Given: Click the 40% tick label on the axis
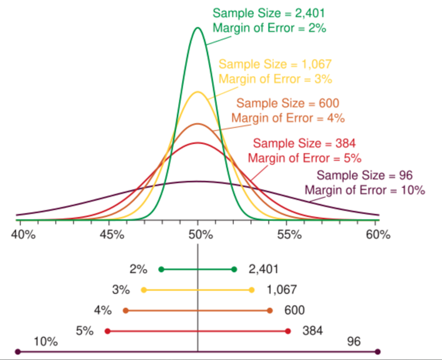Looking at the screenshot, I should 22,235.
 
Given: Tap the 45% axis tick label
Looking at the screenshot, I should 111,235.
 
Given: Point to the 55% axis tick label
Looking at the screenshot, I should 288,235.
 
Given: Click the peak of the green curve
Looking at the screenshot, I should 198,28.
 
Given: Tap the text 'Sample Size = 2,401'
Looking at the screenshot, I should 268,12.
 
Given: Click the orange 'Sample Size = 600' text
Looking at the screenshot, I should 287,103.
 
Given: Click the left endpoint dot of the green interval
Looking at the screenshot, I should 161,269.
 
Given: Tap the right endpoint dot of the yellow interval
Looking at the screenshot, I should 252,290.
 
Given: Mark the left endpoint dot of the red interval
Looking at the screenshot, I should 107,331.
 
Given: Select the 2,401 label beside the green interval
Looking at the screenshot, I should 263,269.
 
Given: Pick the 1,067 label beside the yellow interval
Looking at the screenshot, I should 281,290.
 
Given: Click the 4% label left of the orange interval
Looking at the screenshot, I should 102,310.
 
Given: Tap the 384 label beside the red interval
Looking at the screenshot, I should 312,331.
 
